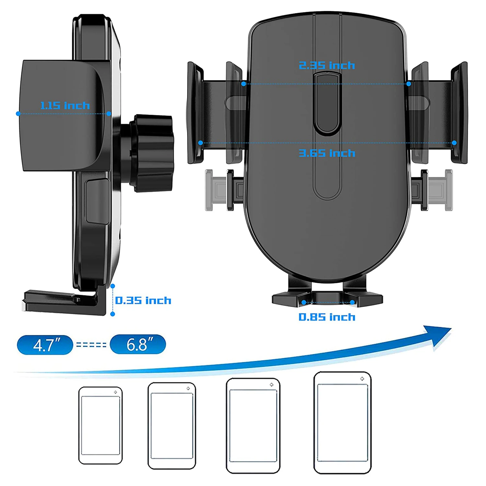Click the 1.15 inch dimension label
(x=65, y=106)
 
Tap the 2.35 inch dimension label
(x=327, y=65)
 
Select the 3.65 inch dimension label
(x=327, y=153)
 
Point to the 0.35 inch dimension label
(x=143, y=301)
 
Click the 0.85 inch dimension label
(x=327, y=317)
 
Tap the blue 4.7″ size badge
(x=45, y=345)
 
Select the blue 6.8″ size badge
(x=138, y=344)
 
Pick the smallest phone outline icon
(x=100, y=425)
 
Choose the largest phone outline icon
(x=342, y=422)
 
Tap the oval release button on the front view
(x=328, y=103)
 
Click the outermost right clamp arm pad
(x=459, y=112)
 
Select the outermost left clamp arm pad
(x=195, y=112)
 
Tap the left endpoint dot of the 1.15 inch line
(x=18, y=114)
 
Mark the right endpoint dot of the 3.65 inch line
(x=454, y=143)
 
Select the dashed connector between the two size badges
(x=91, y=345)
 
